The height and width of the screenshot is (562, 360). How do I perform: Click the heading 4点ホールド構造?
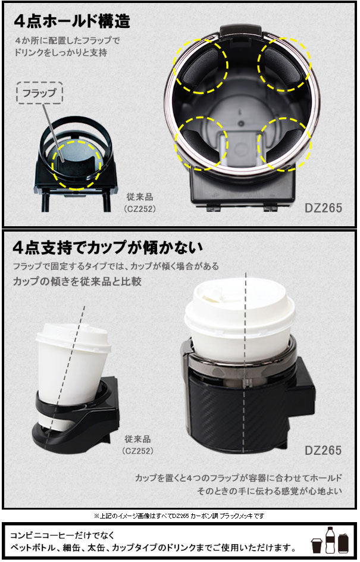tap(72, 21)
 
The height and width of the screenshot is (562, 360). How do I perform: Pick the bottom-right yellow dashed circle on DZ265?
tap(283, 142)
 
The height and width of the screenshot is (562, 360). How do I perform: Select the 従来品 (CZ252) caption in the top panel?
tap(140, 202)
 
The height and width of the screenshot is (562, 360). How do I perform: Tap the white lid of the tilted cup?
tap(73, 338)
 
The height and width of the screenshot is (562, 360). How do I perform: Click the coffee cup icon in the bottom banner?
tap(317, 547)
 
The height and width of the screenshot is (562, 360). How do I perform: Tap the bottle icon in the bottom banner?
tap(330, 540)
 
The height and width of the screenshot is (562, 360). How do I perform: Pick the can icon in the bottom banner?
tap(344, 544)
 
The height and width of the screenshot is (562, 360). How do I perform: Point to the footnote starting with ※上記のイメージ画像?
tap(179, 516)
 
